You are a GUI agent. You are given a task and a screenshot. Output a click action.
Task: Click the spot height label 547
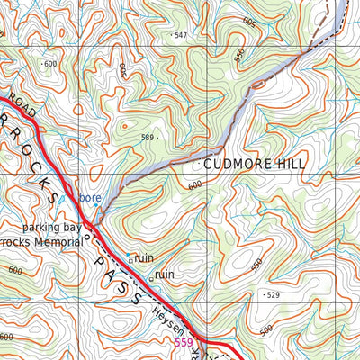pos(182,35)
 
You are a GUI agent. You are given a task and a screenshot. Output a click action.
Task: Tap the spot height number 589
pos(148,138)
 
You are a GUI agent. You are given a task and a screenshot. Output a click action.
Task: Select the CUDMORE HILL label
pos(255,165)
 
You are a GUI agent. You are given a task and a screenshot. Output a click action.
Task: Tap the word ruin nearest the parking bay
pos(144,258)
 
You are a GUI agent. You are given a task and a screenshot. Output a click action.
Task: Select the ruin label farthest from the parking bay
pos(165,274)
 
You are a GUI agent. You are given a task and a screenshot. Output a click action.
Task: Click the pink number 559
pos(184,343)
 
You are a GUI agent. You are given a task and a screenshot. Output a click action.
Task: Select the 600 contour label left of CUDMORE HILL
pos(195,185)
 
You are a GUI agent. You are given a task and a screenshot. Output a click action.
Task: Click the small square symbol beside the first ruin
pos(130,260)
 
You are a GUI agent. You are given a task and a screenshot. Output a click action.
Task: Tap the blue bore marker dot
pos(94,205)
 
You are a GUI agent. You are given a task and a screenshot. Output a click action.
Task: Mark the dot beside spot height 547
pos(171,35)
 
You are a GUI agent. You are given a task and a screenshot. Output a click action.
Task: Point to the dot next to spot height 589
pos(159,138)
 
